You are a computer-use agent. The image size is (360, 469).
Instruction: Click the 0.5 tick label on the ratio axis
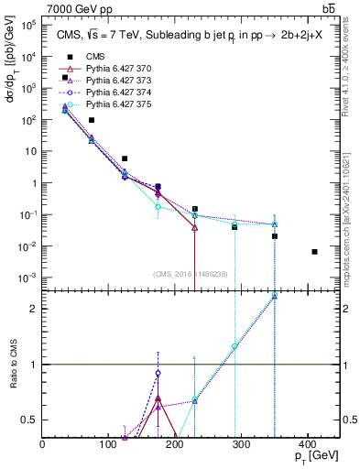(30, 420)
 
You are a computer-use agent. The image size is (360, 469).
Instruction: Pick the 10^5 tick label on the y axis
(27, 26)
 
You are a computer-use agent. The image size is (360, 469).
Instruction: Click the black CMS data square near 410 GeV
(314, 252)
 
